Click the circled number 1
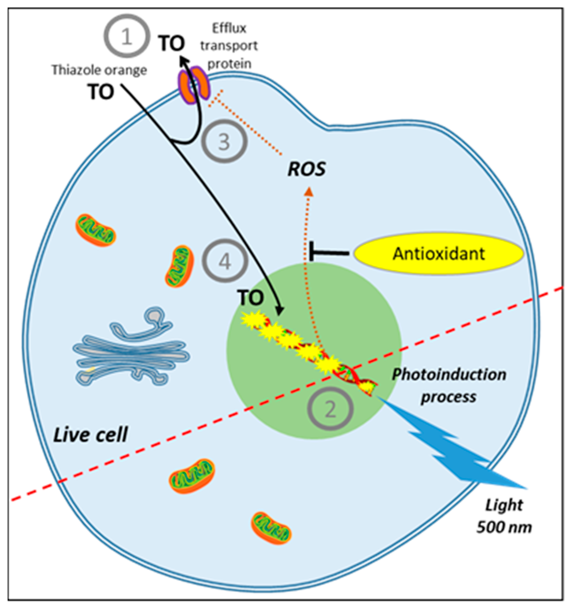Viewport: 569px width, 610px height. [127, 36]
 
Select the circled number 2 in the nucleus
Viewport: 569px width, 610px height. [330, 409]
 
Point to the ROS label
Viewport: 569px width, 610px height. [306, 169]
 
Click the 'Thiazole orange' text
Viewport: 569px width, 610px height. [99, 70]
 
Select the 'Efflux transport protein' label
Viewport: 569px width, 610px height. [229, 46]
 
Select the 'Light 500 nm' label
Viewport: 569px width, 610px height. [504, 516]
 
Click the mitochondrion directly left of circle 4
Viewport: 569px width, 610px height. [180, 266]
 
